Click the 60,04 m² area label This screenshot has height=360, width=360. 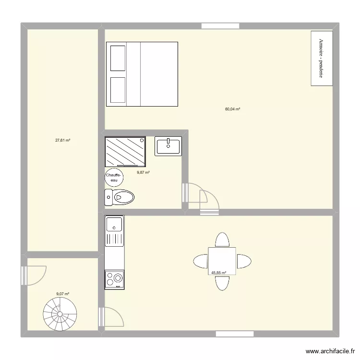click(232, 109)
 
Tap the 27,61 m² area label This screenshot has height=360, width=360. click(63, 141)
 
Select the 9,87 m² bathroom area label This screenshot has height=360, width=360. click(143, 172)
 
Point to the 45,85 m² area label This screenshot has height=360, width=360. click(218, 273)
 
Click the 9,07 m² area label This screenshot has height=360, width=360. click(63, 294)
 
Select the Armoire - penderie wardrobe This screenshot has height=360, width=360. click(321, 59)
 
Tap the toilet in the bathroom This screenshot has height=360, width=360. click(120, 197)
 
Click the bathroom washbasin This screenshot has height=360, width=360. click(168, 146)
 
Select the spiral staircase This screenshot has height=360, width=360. click(60, 315)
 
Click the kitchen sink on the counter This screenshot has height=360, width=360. click(114, 224)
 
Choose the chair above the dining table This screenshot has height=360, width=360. click(222, 240)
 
